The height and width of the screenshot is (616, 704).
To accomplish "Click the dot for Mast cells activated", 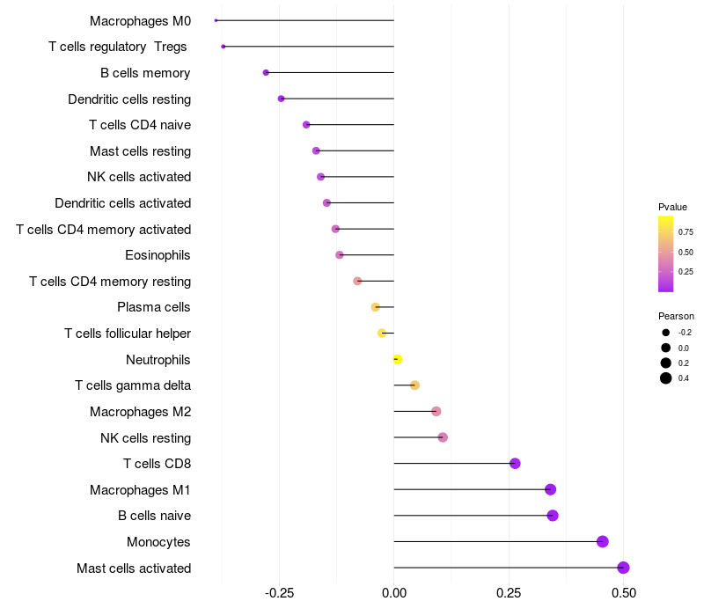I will (623, 568).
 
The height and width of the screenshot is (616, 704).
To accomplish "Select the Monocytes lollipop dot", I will (603, 541).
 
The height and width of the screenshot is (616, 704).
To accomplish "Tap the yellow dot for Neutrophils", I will (397, 359).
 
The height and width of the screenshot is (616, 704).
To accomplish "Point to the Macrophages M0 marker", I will (216, 20).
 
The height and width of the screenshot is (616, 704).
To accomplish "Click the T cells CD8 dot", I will (515, 464).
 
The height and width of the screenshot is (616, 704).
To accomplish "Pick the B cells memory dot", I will (266, 72).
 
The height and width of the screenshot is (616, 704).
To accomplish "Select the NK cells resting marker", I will (443, 437).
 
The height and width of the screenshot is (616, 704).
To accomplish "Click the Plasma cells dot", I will (376, 307).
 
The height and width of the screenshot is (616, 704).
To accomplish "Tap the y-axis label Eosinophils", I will (158, 255).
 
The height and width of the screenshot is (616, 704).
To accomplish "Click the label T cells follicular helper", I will (128, 334).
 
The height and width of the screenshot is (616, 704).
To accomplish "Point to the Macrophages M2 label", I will (140, 412).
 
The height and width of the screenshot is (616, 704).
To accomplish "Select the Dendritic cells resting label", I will (129, 99).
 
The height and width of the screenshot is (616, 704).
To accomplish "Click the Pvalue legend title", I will (672, 207).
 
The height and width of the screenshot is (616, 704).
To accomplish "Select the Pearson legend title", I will (676, 316).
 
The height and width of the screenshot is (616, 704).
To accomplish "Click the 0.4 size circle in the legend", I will (666, 378).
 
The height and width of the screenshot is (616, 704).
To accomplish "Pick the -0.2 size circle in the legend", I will (666, 333).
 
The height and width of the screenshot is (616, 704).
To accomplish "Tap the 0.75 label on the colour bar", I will (686, 232).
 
